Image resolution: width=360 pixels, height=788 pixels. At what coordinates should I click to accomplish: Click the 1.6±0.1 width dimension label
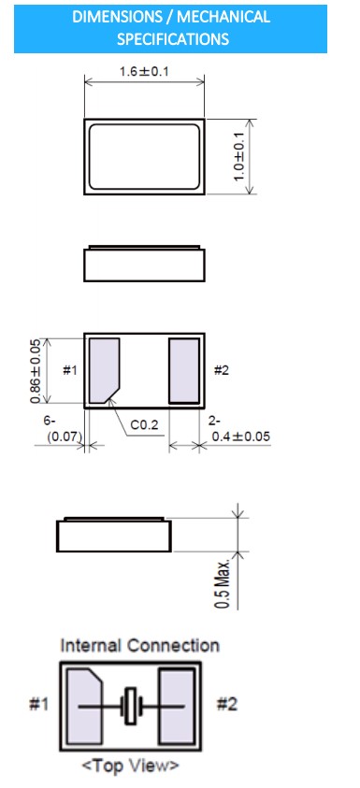(x=144, y=71)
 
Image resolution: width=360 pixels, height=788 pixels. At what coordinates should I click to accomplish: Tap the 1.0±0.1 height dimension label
(x=239, y=156)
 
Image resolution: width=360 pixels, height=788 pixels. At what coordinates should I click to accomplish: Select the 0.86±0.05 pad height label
(x=36, y=370)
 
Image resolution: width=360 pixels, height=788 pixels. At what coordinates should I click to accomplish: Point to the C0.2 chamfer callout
(x=144, y=425)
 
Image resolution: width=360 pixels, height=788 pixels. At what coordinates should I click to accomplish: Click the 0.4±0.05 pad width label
(x=241, y=437)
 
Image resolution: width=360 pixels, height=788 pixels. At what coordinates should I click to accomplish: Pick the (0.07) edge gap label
(x=65, y=437)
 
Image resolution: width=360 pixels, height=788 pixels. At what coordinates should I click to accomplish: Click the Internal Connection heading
(x=139, y=645)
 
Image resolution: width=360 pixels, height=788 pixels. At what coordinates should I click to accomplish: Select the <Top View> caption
(x=130, y=766)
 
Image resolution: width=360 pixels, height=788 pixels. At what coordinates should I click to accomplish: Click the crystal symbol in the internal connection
(x=131, y=706)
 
